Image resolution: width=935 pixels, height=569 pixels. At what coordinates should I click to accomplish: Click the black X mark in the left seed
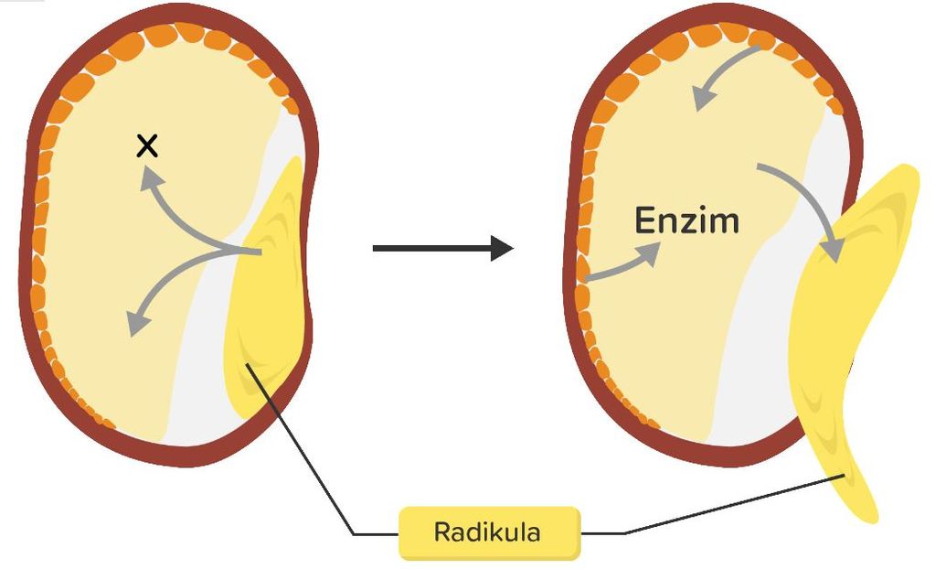147,145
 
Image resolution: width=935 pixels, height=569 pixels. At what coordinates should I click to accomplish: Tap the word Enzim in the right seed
686,220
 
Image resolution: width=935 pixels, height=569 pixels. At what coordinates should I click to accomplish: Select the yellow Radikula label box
489,532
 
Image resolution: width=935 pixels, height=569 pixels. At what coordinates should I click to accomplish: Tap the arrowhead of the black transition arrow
501,248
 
